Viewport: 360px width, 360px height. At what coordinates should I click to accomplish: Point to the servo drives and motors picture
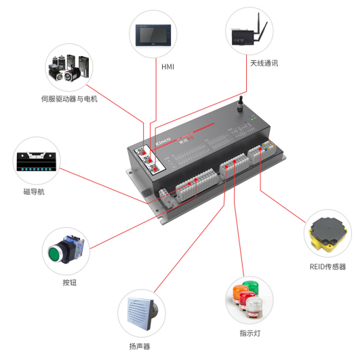point(68,68)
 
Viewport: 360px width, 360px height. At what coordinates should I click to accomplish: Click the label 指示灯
point(249,333)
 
